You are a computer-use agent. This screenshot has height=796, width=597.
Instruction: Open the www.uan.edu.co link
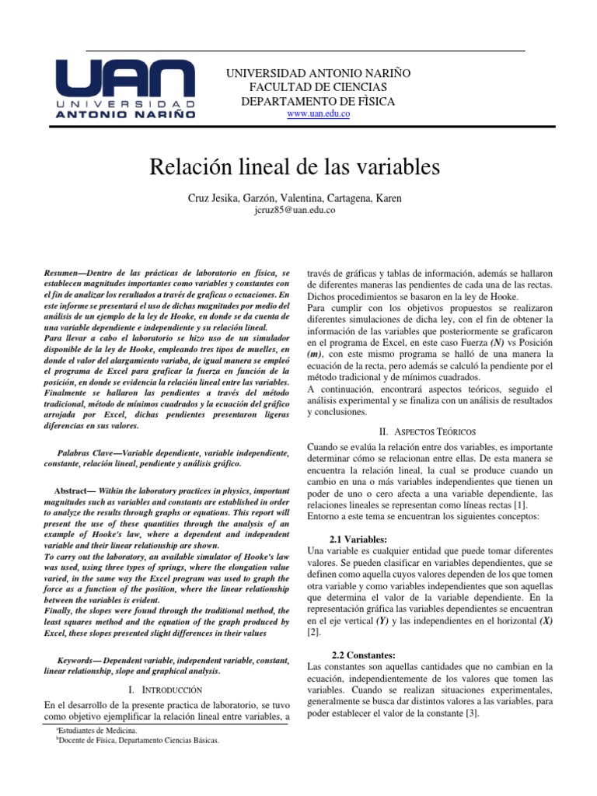tap(318, 114)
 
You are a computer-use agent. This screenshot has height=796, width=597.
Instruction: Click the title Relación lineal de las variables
tap(298, 168)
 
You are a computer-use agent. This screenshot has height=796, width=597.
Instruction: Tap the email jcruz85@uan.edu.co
tap(298, 211)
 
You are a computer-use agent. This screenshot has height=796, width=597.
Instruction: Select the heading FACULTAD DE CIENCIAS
tap(318, 87)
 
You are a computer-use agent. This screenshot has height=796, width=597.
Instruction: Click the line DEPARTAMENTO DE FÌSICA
tap(318, 102)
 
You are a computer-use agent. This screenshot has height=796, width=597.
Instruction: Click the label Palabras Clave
tap(84, 452)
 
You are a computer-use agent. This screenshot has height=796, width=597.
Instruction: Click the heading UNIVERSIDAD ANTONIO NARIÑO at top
tap(318, 73)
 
